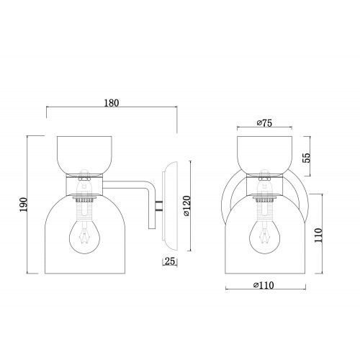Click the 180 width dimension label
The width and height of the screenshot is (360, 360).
(x=112, y=103)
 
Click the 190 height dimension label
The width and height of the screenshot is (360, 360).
(x=24, y=204)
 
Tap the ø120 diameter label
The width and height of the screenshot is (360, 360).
(x=186, y=206)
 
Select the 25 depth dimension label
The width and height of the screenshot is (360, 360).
(x=170, y=261)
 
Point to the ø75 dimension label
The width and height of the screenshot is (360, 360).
(x=264, y=123)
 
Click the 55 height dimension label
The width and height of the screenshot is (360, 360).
(x=307, y=158)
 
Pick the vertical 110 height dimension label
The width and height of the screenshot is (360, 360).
(x=318, y=235)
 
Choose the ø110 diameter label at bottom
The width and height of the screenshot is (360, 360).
(x=264, y=285)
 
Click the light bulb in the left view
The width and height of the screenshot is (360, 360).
(x=85, y=235)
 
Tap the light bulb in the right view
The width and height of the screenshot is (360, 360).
(x=264, y=235)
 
